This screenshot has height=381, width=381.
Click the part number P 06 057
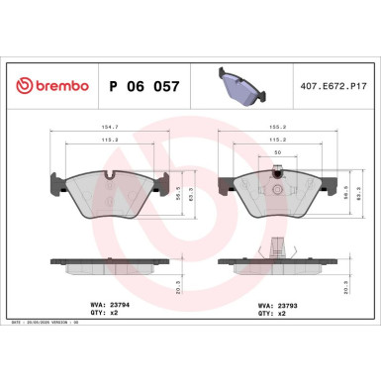(x=141, y=87)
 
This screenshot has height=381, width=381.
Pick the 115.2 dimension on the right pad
(x=277, y=140)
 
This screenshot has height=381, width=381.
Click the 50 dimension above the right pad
(x=277, y=152)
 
